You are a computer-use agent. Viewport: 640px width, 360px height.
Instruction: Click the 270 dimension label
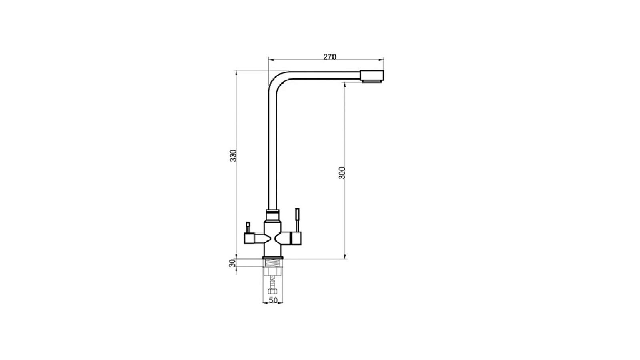pos(330,56)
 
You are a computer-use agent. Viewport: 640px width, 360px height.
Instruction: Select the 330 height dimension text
pos(234,156)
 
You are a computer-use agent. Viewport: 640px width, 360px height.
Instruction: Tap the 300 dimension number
pos(342,173)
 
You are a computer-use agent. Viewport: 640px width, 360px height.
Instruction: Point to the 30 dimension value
pos(232,263)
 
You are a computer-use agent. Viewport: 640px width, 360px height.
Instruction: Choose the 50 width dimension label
pos(273,300)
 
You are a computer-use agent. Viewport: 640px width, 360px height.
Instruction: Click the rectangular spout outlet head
pos(372,76)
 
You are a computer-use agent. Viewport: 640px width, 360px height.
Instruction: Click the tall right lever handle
pos(297,220)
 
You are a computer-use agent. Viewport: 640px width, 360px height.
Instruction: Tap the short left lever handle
pos(248,228)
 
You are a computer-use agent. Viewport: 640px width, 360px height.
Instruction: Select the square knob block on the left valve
pos(249,238)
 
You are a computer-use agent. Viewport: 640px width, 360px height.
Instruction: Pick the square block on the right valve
pos(296,238)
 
